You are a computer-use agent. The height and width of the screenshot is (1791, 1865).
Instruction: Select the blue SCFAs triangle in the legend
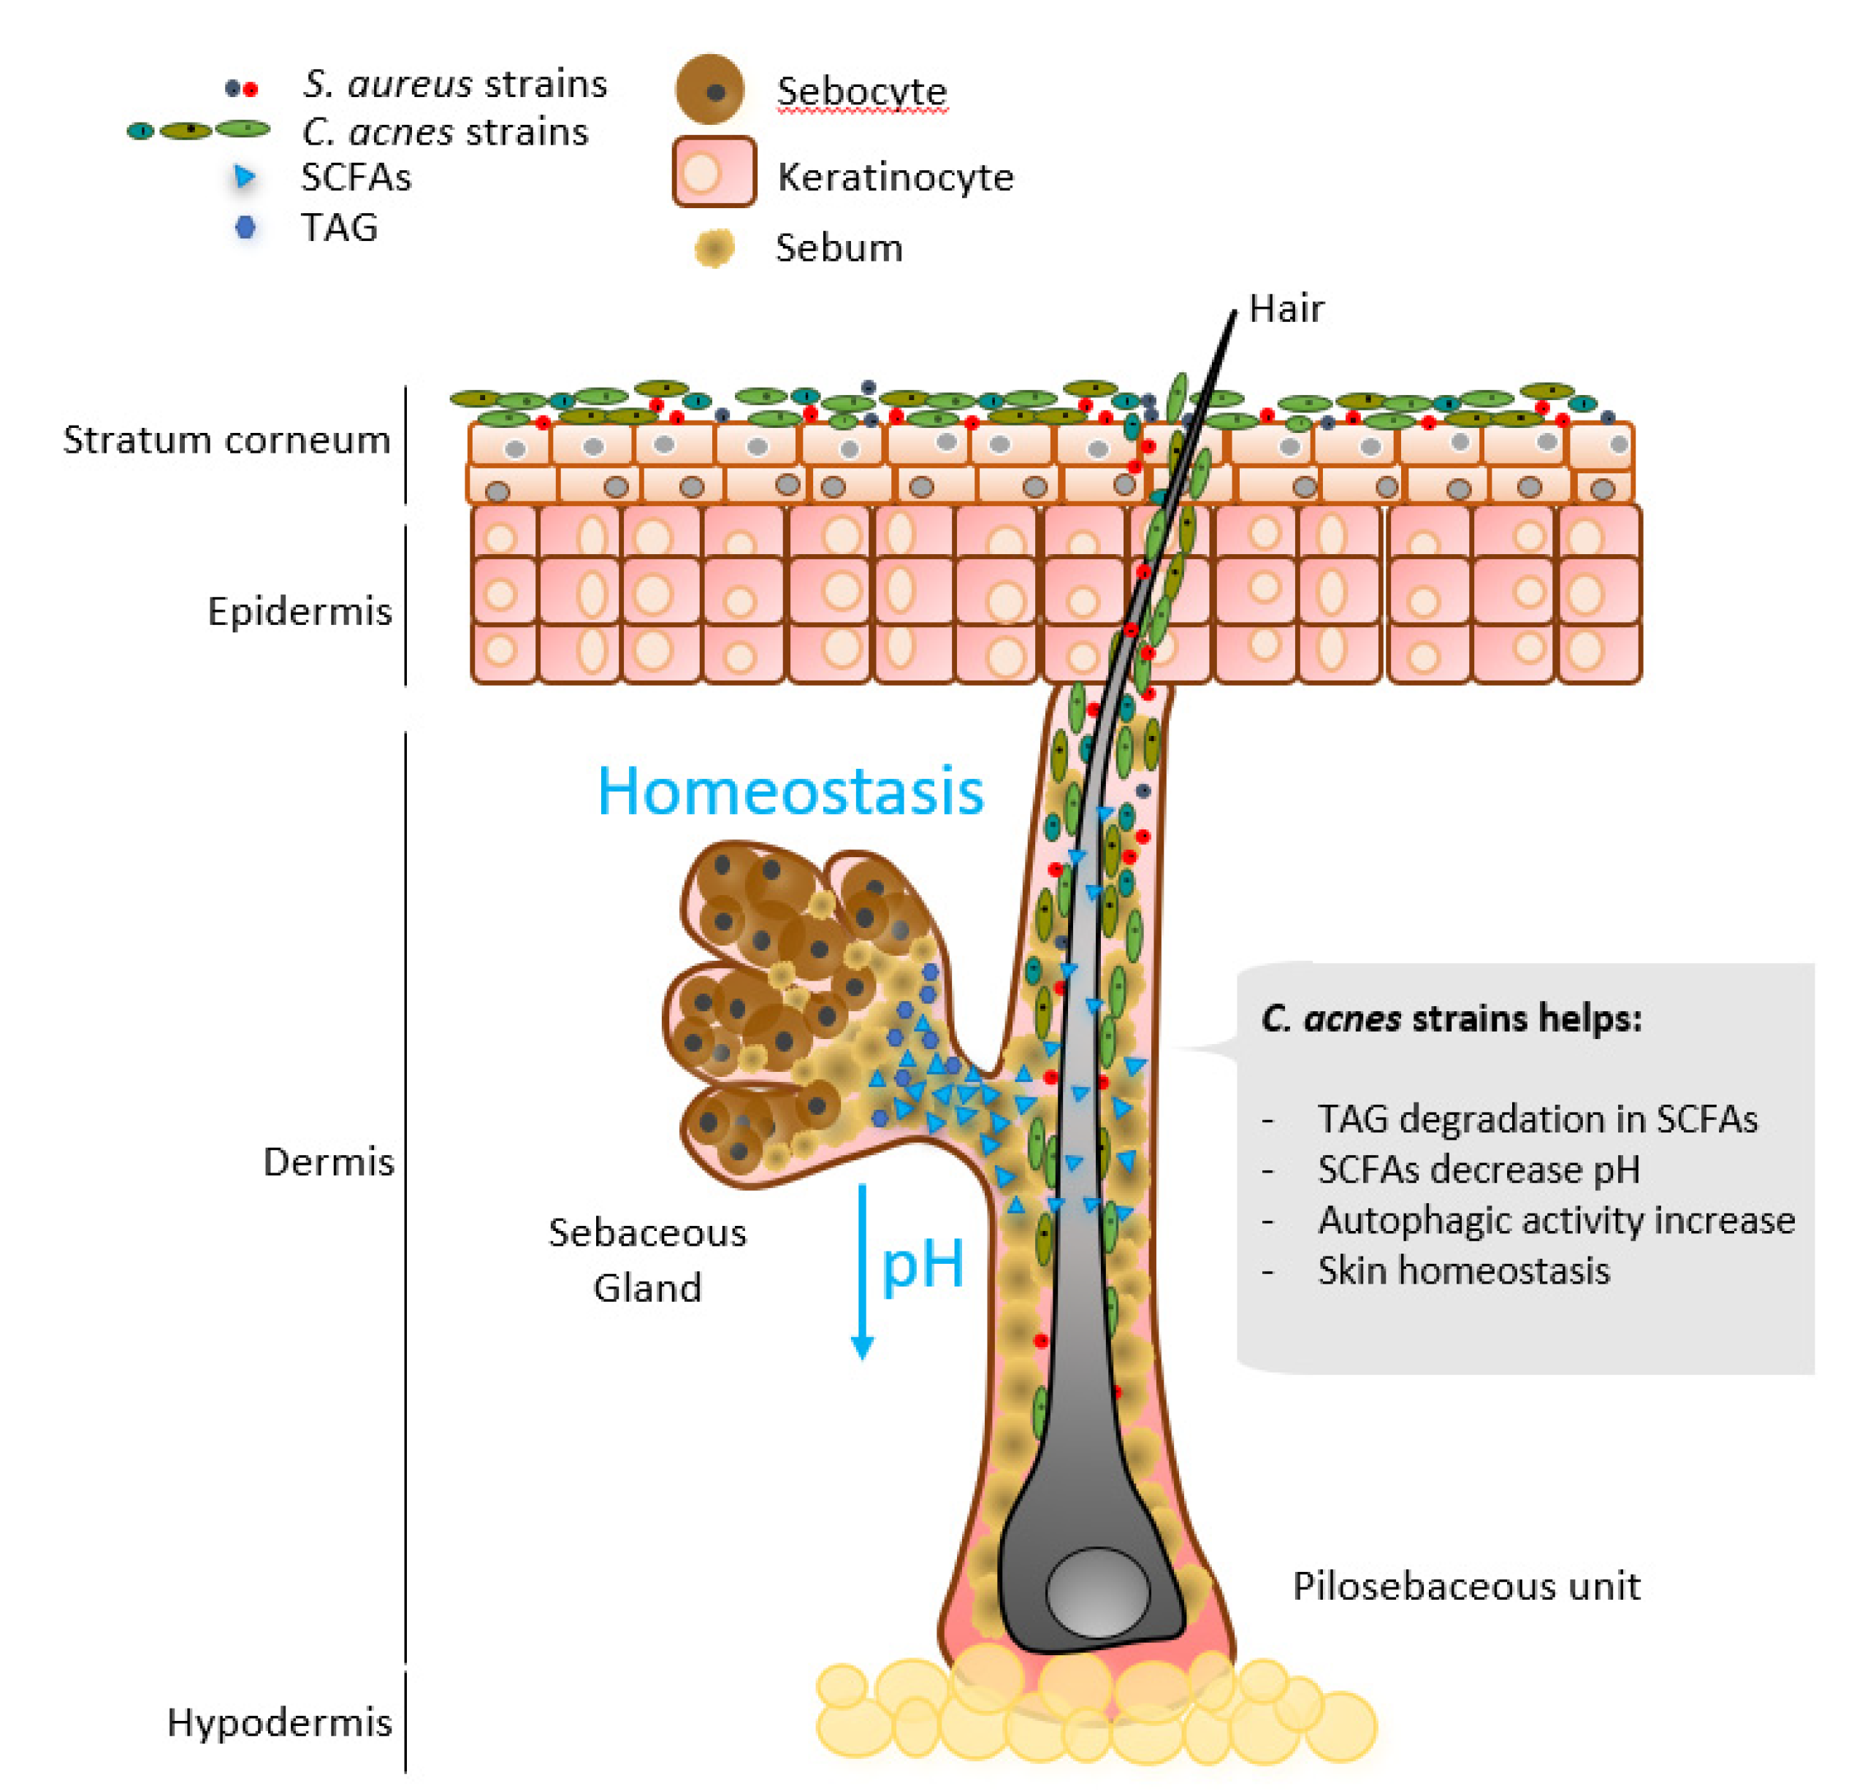point(245,177)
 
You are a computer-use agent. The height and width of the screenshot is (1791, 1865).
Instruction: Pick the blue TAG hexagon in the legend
point(245,227)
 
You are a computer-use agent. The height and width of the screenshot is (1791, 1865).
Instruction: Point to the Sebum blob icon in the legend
point(714,248)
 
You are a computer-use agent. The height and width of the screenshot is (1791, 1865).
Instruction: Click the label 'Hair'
point(1286,309)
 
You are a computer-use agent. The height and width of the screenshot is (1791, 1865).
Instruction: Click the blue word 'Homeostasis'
point(790,791)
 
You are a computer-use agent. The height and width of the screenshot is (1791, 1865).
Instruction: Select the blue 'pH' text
point(922,1265)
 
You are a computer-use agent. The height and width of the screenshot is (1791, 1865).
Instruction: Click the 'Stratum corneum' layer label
point(226,440)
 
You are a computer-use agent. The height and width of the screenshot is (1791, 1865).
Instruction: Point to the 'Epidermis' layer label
point(299,612)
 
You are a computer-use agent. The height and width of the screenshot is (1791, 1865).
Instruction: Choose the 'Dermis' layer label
point(328,1162)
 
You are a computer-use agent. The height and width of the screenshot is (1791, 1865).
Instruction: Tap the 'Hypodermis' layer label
point(279,1722)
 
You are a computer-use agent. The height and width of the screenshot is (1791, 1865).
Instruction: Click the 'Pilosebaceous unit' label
point(1465,1587)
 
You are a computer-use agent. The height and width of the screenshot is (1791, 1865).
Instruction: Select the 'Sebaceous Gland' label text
point(647,1260)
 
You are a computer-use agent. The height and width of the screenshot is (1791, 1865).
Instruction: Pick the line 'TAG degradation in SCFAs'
point(1537,1119)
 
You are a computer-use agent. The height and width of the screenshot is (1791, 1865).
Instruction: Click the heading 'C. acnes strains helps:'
point(1451,1019)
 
